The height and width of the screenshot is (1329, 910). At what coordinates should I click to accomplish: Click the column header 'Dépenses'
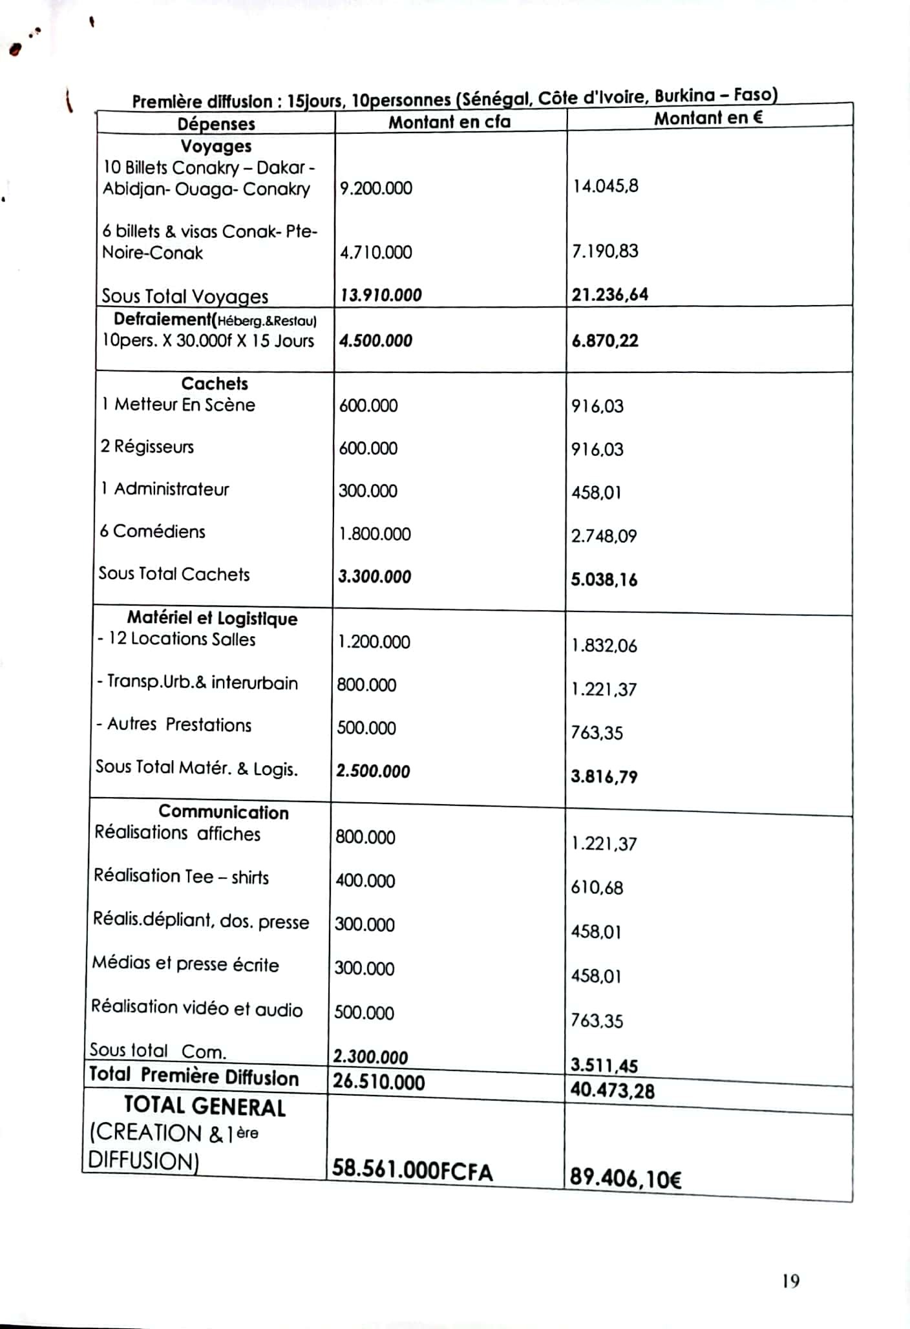[216, 123]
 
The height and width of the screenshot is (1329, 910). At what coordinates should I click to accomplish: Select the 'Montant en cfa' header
[449, 122]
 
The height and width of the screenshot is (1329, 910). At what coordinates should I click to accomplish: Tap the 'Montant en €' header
[708, 118]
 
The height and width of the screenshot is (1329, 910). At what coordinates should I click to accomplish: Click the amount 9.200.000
[376, 188]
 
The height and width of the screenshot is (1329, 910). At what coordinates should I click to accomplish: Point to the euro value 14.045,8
[605, 186]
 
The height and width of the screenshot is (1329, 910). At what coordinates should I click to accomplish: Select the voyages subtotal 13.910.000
[381, 295]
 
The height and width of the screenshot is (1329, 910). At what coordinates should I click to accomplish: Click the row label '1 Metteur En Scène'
[178, 405]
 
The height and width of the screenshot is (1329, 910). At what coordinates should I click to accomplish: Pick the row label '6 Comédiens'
[153, 531]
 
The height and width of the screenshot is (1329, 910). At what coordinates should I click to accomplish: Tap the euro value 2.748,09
[604, 536]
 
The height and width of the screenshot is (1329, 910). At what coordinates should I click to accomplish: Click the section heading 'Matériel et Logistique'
[212, 618]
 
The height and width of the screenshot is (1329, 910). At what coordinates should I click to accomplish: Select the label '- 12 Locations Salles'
[176, 639]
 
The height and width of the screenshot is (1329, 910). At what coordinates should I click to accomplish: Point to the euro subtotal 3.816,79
[604, 776]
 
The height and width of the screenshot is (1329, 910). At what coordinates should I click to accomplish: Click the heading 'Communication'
[224, 812]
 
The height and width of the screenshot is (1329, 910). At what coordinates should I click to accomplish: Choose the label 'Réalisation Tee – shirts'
[181, 877]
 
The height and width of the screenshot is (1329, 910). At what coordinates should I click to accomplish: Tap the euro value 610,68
[597, 888]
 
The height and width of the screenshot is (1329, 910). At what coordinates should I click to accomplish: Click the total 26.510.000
[379, 1082]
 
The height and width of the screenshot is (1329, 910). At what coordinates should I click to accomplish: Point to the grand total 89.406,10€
[625, 1178]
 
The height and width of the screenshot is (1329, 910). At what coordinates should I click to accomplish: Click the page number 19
[790, 1281]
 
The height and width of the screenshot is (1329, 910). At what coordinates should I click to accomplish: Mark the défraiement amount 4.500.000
[376, 341]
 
